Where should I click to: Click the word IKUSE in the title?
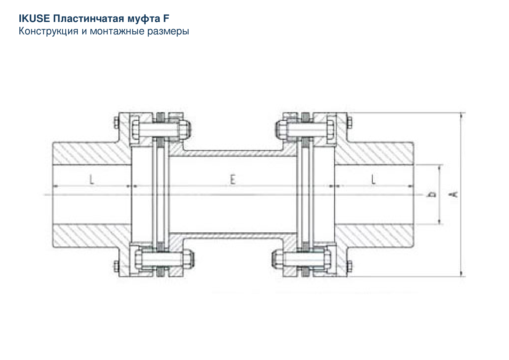(x=34, y=18)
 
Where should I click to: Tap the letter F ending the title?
(x=166, y=18)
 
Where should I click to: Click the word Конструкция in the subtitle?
(x=48, y=31)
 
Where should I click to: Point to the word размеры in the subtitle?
(x=168, y=32)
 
